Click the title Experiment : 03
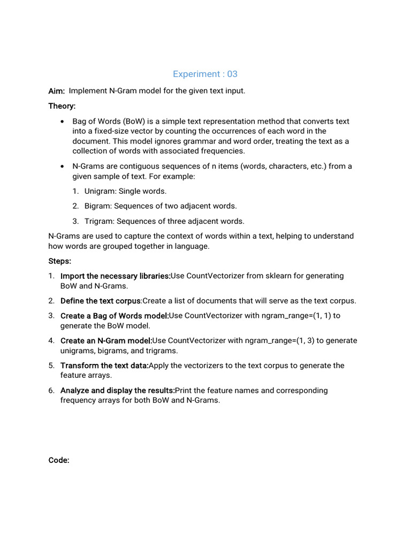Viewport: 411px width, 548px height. (x=205, y=74)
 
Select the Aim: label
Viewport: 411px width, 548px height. (x=56, y=92)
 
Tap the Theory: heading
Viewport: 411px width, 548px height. (x=62, y=106)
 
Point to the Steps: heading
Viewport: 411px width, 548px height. (x=59, y=261)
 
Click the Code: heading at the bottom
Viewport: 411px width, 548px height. (x=59, y=460)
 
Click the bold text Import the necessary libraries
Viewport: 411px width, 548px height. (x=115, y=276)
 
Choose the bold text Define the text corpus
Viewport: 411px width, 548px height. (x=101, y=301)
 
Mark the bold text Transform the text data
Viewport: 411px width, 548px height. (x=104, y=366)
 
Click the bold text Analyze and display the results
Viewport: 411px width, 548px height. (x=117, y=391)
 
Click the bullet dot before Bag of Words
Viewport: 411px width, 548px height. (x=63, y=121)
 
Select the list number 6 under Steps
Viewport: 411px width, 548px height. (x=51, y=391)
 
